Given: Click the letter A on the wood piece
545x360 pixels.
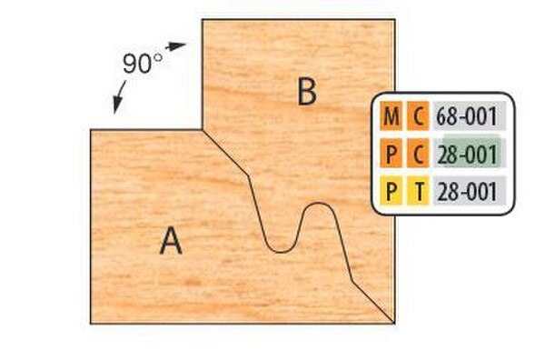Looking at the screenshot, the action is pos(171,241).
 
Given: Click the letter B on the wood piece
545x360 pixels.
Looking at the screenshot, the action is pos(307,91).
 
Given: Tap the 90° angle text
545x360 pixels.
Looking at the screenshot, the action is pos(142,65).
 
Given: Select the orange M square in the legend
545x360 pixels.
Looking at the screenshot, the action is pos(391,117).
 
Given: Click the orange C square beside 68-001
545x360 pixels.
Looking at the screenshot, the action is pos(418,117).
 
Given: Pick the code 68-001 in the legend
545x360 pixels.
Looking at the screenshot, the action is pos(467,117).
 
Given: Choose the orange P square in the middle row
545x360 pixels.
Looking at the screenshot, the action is pos(391,154).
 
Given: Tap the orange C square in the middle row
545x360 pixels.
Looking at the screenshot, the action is pos(418,154).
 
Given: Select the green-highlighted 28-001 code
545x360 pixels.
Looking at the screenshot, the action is pos(467,154).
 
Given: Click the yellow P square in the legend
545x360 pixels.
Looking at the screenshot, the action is pos(391,191).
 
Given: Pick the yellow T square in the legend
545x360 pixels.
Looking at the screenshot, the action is pos(418,191).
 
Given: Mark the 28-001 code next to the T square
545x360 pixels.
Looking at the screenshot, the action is pos(467,191).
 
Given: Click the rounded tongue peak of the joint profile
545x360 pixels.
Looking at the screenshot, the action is pos(317,205).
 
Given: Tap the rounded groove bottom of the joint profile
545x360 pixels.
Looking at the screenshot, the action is pos(281,250).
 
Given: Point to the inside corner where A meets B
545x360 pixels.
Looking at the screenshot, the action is pos(202,129).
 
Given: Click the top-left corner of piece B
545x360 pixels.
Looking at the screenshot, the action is pos(202,21).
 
